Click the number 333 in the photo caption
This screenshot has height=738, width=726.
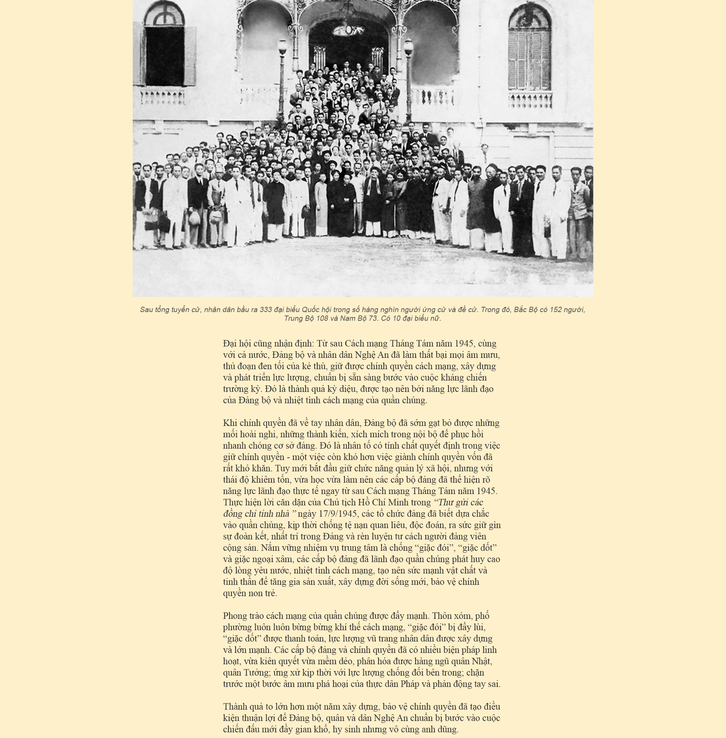coord(265,310)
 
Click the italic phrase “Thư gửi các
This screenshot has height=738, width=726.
coord(458,502)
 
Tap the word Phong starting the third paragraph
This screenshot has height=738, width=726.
coord(234,616)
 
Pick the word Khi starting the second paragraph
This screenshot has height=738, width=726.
coord(230,423)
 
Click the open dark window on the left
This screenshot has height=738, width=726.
coord(165,56)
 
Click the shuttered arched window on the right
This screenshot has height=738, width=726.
coord(530,59)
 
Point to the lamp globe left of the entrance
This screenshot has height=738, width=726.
coord(282,47)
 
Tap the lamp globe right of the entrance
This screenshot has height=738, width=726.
coord(408,47)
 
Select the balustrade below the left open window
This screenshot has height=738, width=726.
coord(163,98)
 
